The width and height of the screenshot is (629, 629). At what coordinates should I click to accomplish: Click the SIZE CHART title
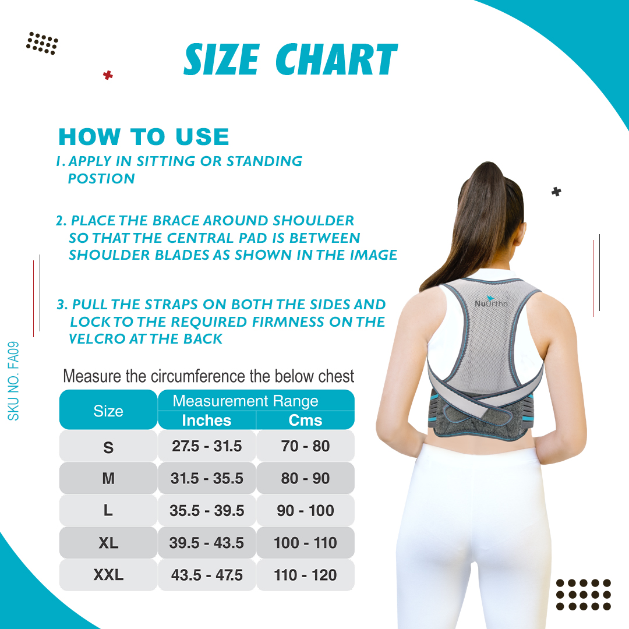[291, 59]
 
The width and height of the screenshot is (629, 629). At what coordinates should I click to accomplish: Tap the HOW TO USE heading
[144, 137]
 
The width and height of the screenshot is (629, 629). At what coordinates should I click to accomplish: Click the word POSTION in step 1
[101, 179]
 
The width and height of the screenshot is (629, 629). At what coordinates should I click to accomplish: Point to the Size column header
[108, 411]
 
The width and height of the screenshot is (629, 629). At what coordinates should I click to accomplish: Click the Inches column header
[207, 420]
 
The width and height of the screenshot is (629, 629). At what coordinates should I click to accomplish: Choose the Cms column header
[305, 420]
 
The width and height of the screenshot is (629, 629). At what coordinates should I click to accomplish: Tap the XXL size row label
[108, 575]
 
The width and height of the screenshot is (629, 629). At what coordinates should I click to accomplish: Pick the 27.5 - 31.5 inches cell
[207, 446]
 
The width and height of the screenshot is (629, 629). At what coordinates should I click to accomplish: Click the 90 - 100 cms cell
[305, 511]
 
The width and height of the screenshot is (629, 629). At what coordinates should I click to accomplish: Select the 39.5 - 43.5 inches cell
[207, 543]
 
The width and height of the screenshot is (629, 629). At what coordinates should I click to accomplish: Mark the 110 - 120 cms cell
[305, 575]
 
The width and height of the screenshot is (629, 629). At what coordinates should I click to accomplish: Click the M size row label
[108, 478]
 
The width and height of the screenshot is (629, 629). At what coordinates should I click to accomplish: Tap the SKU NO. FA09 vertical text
[13, 381]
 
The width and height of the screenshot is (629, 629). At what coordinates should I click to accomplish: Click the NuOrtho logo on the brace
[491, 302]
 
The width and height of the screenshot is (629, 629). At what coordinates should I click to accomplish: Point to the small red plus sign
[108, 75]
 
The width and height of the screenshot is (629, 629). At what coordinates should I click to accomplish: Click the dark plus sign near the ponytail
[556, 192]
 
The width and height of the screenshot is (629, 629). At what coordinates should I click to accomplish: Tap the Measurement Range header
[246, 401]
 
